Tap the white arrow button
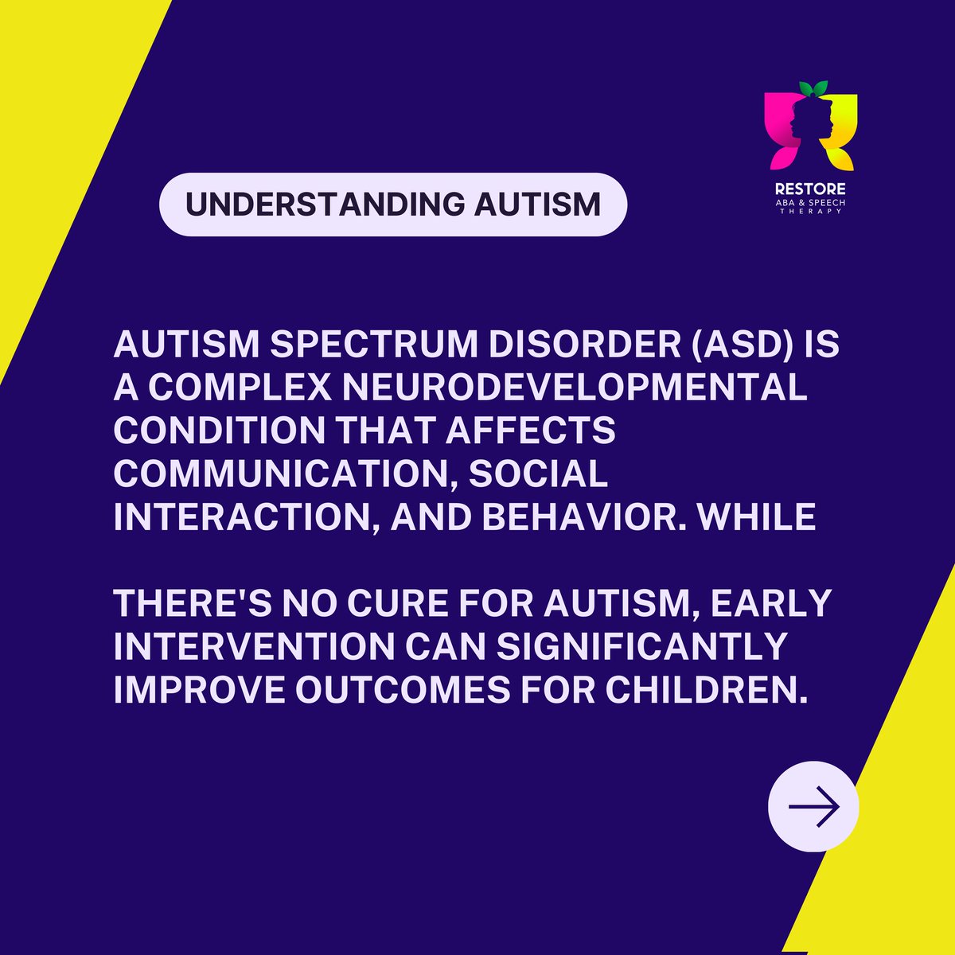(813, 806)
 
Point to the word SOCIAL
(538, 474)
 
